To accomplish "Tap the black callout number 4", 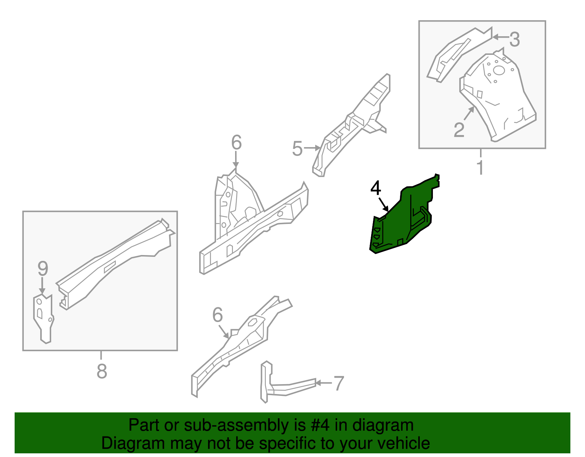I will coord(375,189).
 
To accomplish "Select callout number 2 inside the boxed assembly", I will coord(459,130).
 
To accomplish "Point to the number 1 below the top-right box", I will coord(480,168).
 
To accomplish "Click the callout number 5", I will coord(297,149).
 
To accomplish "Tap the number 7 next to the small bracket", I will coord(339,383).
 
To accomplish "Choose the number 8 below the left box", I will coord(102,371).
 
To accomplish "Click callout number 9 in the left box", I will coord(43,269).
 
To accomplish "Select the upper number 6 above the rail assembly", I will coord(236,143).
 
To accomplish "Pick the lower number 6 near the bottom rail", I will coord(217,315).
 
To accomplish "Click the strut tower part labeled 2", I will coord(497,95).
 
